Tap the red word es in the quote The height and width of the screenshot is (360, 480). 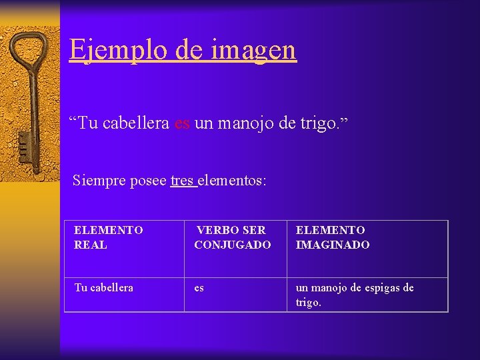point(182,124)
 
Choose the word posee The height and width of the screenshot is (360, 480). point(148,180)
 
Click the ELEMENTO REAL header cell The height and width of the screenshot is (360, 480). point(124,249)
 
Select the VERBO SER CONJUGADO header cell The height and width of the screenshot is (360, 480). point(235,249)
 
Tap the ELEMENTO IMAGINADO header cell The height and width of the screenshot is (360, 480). point(367,249)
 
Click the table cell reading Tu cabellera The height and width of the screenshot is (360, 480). point(124,294)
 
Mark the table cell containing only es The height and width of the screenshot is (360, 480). point(235,294)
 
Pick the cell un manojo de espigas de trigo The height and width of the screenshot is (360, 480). point(367,294)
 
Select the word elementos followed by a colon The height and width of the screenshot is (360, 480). point(232,180)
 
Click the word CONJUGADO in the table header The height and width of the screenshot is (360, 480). point(233,245)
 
